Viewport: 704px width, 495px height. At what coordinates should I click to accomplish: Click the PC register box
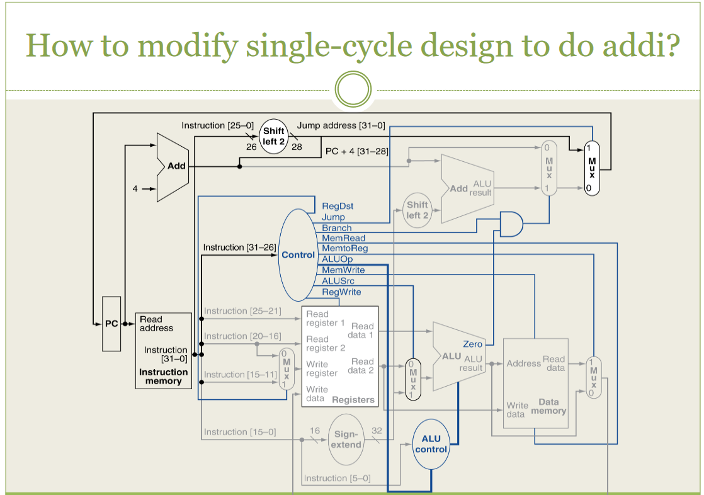(111, 324)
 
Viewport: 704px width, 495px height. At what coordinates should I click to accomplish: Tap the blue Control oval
(298, 254)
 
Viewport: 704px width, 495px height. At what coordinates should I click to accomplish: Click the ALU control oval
(431, 444)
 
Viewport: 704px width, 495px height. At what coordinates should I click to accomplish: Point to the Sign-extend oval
(346, 439)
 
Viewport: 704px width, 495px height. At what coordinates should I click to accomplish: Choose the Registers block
(340, 356)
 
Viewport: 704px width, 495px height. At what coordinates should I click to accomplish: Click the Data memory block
(536, 384)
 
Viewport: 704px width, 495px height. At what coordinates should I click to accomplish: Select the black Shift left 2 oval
(274, 136)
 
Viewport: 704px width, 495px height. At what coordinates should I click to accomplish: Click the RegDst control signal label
(338, 206)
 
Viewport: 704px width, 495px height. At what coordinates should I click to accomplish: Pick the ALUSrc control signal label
(338, 281)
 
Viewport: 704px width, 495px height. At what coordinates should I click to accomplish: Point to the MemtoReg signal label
(344, 249)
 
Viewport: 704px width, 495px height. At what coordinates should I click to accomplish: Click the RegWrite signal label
(341, 292)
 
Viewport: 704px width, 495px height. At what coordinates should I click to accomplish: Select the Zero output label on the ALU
(472, 344)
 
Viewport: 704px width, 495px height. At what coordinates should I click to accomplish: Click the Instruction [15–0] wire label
(239, 432)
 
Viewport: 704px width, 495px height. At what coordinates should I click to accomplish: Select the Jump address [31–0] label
(341, 125)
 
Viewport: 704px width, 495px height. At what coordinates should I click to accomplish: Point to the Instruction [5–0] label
(337, 478)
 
